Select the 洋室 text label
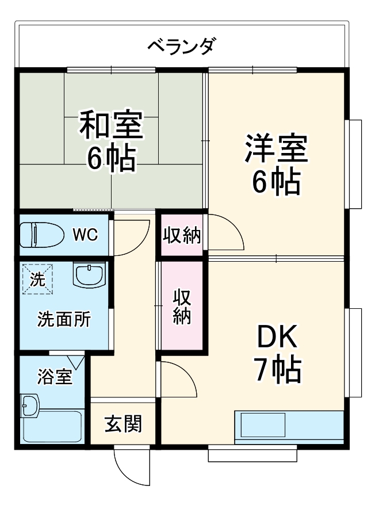(x=276, y=148)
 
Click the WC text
(x=85, y=235)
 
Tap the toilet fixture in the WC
(x=41, y=235)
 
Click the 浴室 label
(x=55, y=377)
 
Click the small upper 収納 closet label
(x=181, y=236)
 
